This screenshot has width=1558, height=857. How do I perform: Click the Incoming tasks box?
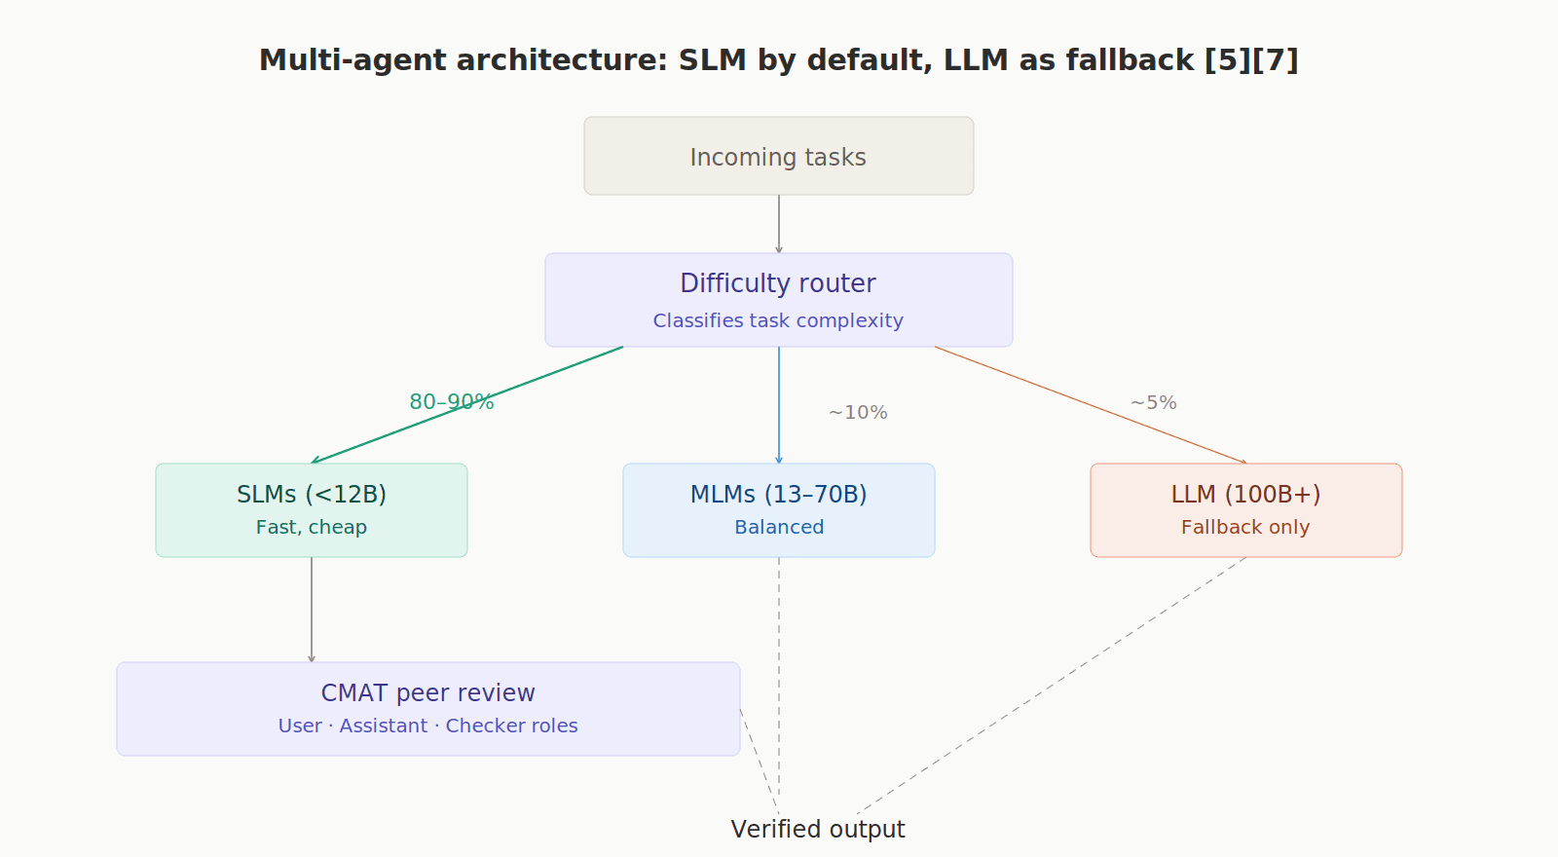pos(778,157)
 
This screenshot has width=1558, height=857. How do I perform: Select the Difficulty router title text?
pos(778,283)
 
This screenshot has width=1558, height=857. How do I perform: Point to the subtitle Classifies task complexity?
pos(778,320)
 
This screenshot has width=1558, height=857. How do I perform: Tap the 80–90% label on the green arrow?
pos(452,402)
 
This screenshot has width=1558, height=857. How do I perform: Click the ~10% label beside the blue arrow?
pos(858,413)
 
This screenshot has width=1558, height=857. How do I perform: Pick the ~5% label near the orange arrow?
pos(1154,403)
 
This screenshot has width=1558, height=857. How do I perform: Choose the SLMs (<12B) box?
pos(312,510)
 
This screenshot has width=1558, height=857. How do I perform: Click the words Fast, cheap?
pos(312,527)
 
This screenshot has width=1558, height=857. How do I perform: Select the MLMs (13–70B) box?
pos(779,510)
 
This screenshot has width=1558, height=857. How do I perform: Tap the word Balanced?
pos(779,527)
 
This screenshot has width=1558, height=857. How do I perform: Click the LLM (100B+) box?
pos(1246,510)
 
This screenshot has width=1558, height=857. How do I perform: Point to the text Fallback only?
pos(1245,527)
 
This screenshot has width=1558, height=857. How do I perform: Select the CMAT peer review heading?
pos(428,692)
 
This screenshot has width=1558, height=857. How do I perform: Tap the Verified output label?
pos(818,829)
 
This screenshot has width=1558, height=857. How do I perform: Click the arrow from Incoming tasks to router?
pos(779,224)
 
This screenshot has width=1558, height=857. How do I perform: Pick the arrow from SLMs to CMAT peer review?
pos(312,610)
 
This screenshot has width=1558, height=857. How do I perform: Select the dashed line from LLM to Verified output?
pos(1052,685)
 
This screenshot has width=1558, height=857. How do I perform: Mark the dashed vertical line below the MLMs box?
pos(779,672)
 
